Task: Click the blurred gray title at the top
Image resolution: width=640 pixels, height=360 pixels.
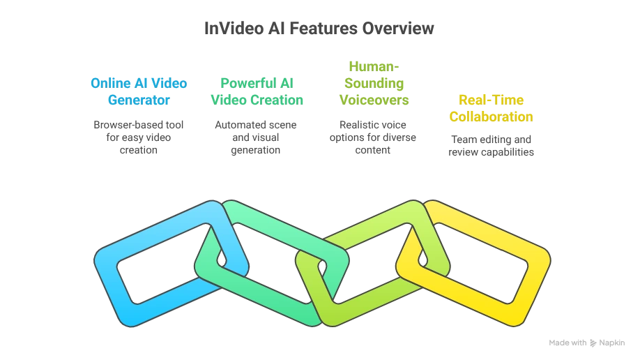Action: click(317, 29)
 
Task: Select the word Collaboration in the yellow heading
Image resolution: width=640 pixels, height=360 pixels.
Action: click(490, 116)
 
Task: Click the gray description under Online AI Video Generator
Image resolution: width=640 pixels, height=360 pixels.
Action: click(139, 137)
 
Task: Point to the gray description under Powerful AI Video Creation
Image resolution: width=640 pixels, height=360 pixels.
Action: click(257, 137)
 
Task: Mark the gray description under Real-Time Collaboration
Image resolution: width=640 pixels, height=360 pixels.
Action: click(490, 144)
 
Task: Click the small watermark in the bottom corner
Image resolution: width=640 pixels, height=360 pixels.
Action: click(584, 341)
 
